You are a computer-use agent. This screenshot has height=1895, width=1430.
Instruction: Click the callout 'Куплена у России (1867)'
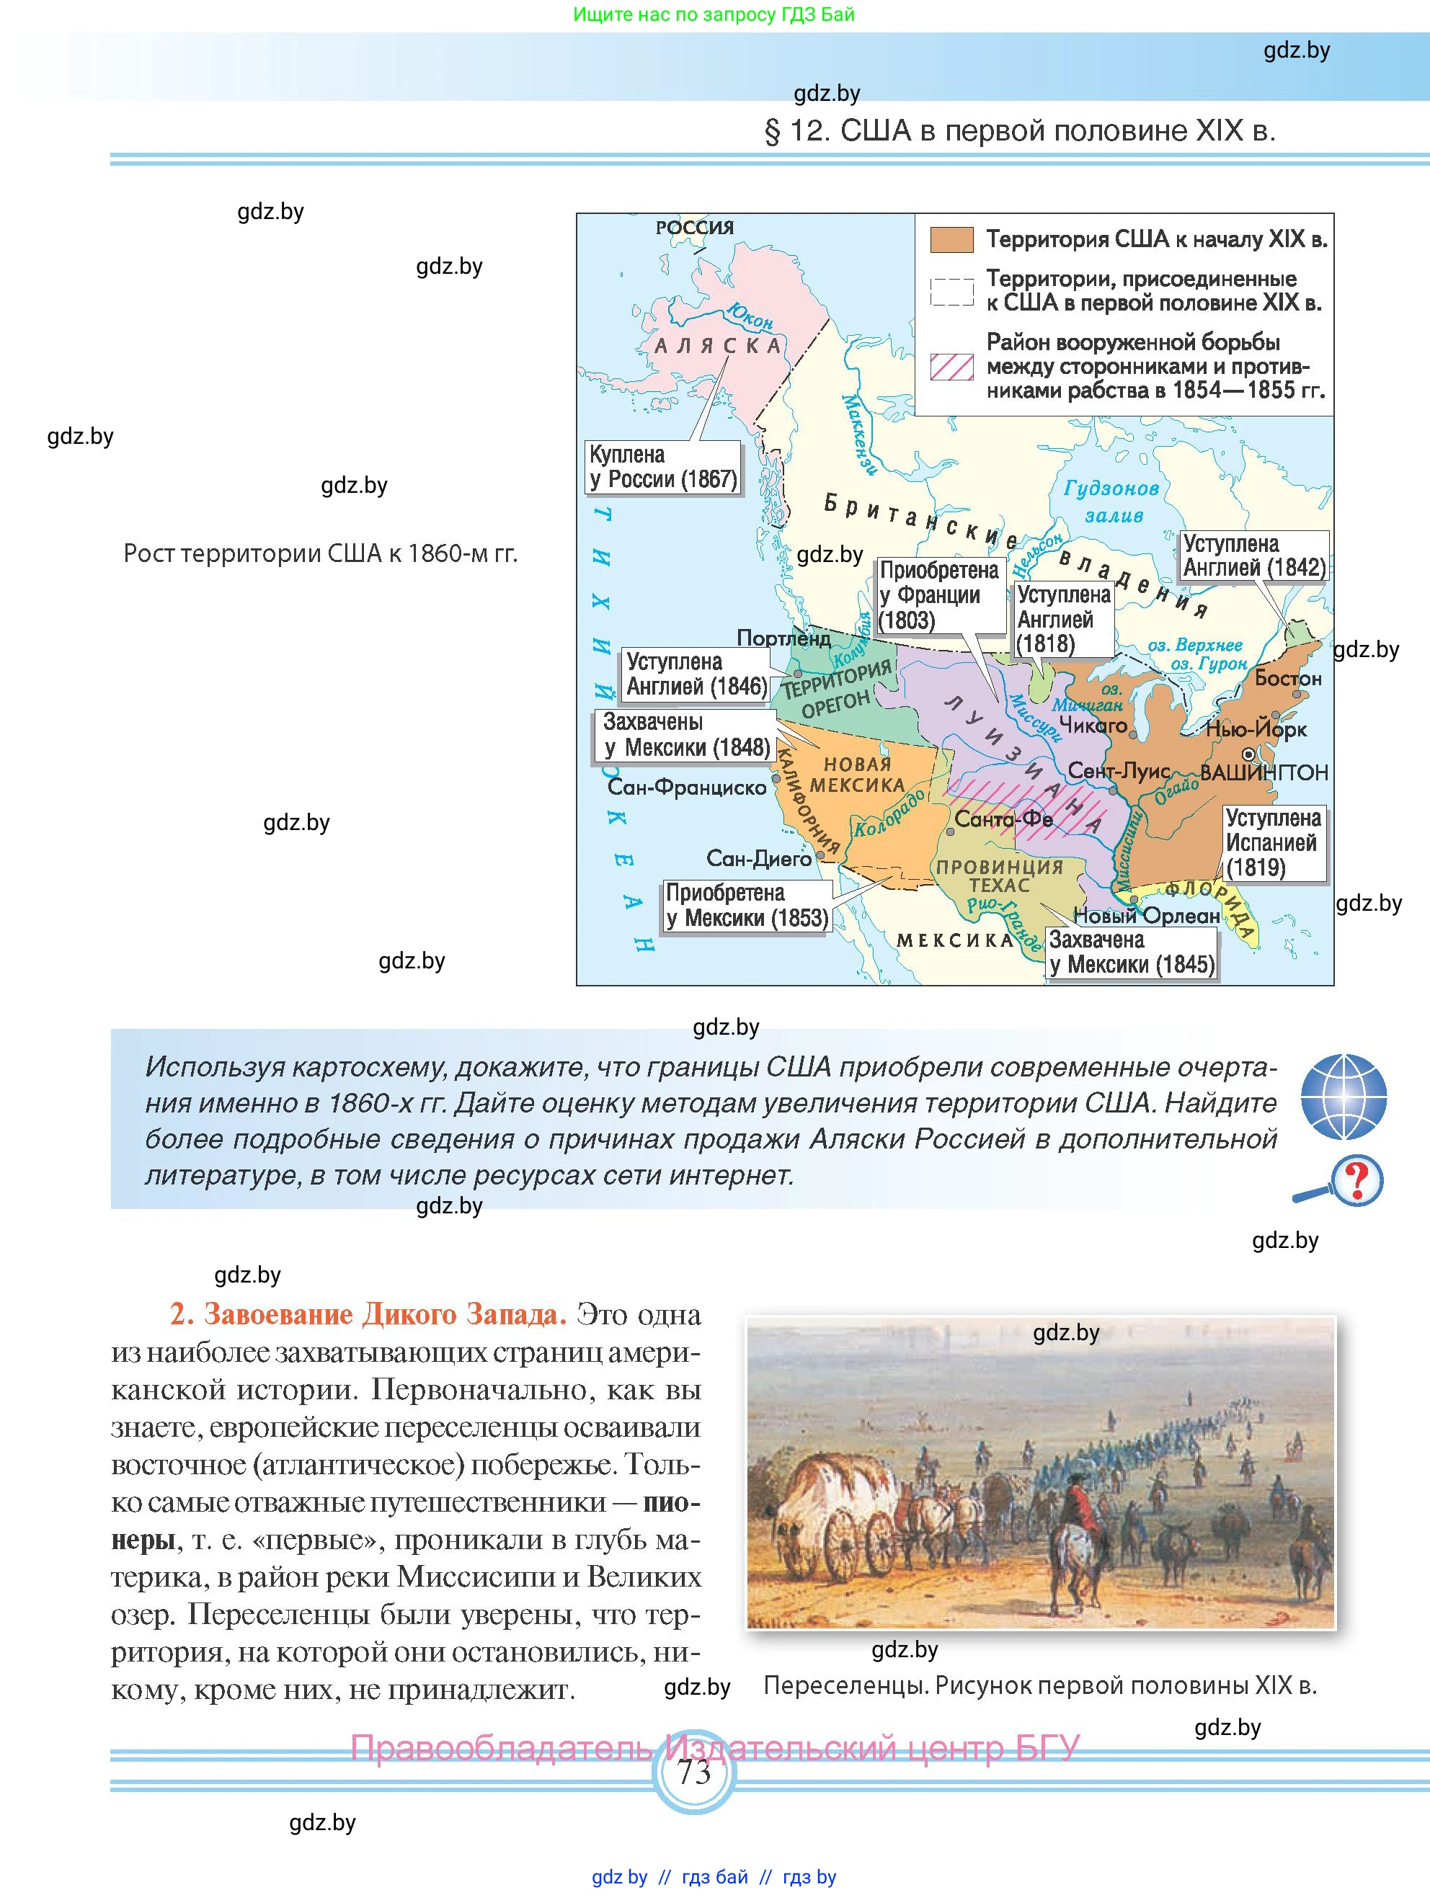coord(662,467)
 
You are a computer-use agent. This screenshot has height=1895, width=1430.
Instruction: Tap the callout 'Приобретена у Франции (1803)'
coord(941,595)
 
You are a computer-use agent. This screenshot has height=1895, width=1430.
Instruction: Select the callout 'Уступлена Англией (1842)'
coord(1253,555)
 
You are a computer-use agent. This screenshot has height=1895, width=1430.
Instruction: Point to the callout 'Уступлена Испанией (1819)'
coord(1272,843)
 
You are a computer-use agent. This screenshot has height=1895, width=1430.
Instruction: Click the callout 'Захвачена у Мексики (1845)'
coord(1131,953)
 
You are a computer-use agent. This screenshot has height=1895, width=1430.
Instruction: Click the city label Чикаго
coord(1093,726)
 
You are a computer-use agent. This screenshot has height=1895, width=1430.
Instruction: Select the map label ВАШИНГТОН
coord(1264,772)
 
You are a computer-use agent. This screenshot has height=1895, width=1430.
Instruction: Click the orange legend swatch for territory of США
coord(951,240)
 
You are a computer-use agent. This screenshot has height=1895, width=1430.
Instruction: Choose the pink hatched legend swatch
coord(951,367)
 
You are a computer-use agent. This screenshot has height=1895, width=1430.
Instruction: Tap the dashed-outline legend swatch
coord(951,292)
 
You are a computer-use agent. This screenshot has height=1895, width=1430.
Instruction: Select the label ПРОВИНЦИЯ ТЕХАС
coord(999,875)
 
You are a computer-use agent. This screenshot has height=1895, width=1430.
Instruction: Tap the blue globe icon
coord(1343,1097)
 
